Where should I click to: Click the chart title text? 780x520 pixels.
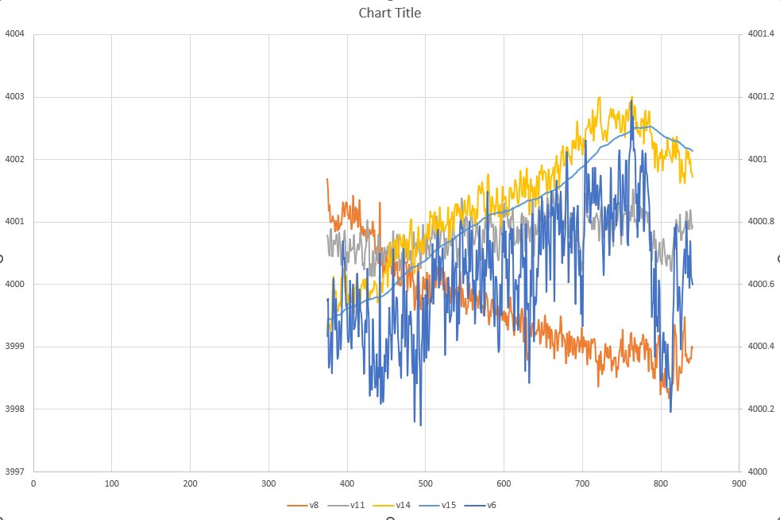tap(389, 13)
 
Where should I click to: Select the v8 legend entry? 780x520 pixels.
tap(314, 505)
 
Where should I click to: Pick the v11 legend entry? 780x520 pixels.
tap(357, 505)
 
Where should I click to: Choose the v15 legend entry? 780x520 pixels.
tap(448, 505)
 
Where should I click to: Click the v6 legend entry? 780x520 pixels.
tap(491, 505)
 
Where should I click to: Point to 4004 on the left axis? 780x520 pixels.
tap(15, 34)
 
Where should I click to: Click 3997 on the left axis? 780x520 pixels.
tap(15, 471)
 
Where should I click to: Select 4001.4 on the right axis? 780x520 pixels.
tap(760, 34)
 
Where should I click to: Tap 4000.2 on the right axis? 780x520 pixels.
tap(760, 409)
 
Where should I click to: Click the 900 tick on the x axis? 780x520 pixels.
tap(739, 483)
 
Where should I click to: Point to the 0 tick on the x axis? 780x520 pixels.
tap(33, 483)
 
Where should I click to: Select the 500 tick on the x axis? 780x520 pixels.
tap(425, 483)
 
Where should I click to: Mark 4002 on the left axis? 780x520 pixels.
tap(15, 159)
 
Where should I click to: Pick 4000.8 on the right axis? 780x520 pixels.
tap(760, 222)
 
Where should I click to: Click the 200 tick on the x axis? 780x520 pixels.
tap(190, 483)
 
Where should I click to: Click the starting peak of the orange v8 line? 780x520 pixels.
tap(327, 180)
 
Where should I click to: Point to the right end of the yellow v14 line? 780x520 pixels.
tap(693, 176)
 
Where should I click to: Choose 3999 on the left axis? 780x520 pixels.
tap(15, 347)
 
